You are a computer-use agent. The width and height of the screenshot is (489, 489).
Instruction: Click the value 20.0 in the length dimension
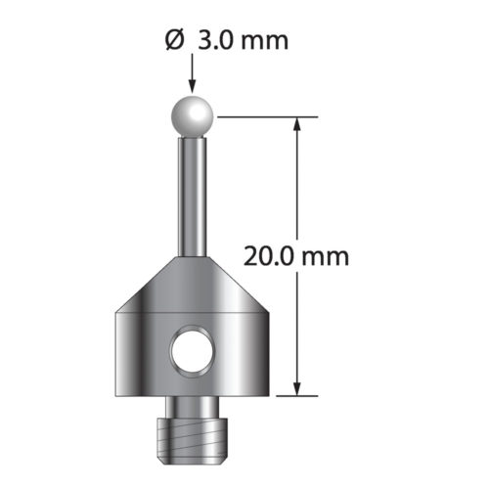[269, 256]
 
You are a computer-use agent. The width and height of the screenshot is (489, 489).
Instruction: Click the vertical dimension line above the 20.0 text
[297, 186]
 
